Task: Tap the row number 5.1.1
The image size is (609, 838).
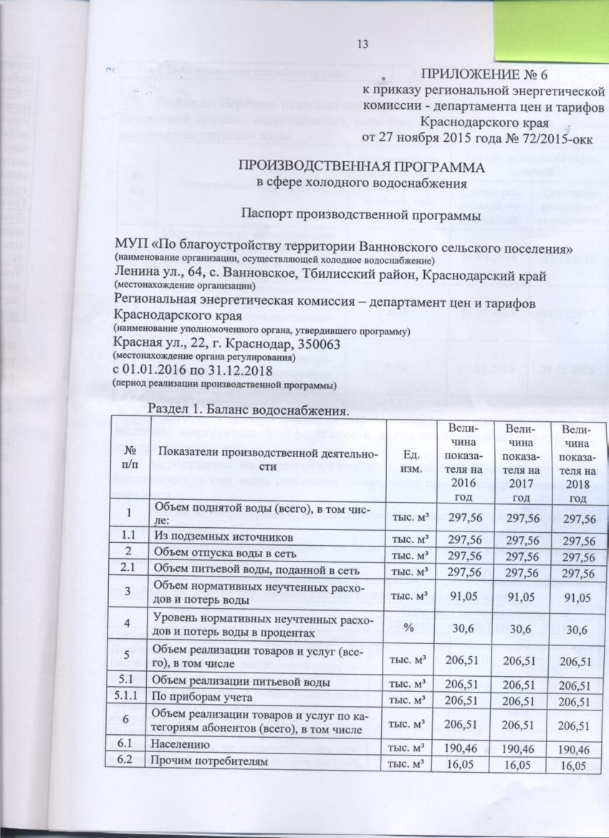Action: point(127,696)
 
